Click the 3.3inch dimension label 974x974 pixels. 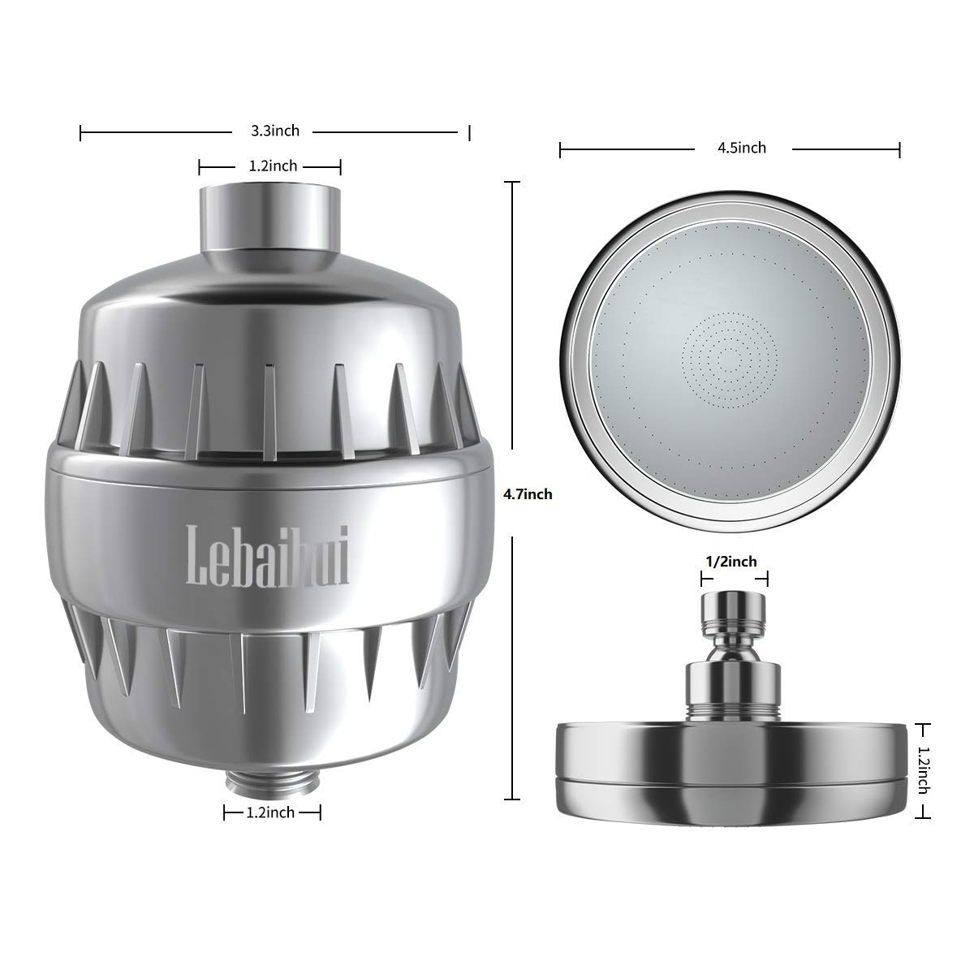tap(275, 131)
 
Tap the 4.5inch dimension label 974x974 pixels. tap(742, 148)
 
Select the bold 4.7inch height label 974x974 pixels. tap(528, 493)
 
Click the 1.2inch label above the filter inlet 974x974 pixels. tap(273, 166)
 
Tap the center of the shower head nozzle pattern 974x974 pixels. tap(730, 358)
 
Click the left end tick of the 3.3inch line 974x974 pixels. tap(81, 131)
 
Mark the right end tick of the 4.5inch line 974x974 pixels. tap(899, 149)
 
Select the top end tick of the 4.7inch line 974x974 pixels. tap(511, 183)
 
